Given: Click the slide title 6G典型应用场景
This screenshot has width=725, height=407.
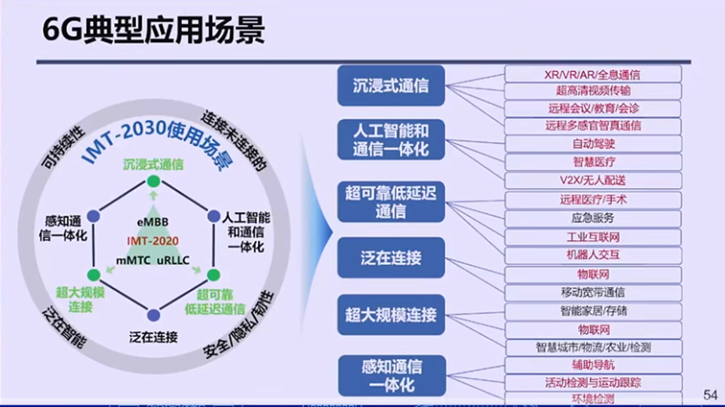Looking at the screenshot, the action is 153,30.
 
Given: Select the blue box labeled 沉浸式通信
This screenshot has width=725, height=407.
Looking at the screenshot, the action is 391,86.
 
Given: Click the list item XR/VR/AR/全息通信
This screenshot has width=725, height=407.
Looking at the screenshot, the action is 593,75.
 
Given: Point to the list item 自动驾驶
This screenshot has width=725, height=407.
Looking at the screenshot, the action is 593,143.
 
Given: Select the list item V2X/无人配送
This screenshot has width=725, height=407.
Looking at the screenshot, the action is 593,180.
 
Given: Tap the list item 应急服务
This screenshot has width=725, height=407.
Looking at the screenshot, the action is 593,217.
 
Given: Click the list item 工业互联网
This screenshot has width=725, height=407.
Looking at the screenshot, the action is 593,237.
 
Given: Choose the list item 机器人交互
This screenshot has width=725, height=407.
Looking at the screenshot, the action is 593,254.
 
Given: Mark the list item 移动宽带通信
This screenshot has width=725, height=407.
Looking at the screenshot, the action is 593,292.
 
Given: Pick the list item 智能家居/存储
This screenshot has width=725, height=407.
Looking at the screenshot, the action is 593,310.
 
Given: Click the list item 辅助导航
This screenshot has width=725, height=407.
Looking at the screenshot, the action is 593,365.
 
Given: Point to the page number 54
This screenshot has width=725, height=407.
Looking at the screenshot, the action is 709,394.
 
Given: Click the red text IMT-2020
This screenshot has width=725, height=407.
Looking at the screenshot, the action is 153,241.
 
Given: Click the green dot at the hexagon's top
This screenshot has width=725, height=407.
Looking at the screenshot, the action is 153,181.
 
